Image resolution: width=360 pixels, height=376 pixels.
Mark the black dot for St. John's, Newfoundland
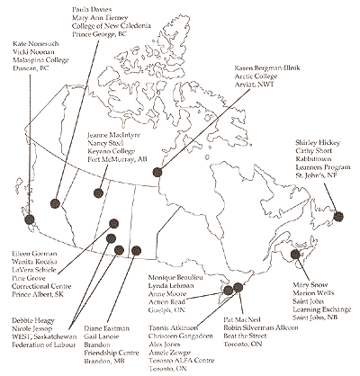point(340,216)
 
